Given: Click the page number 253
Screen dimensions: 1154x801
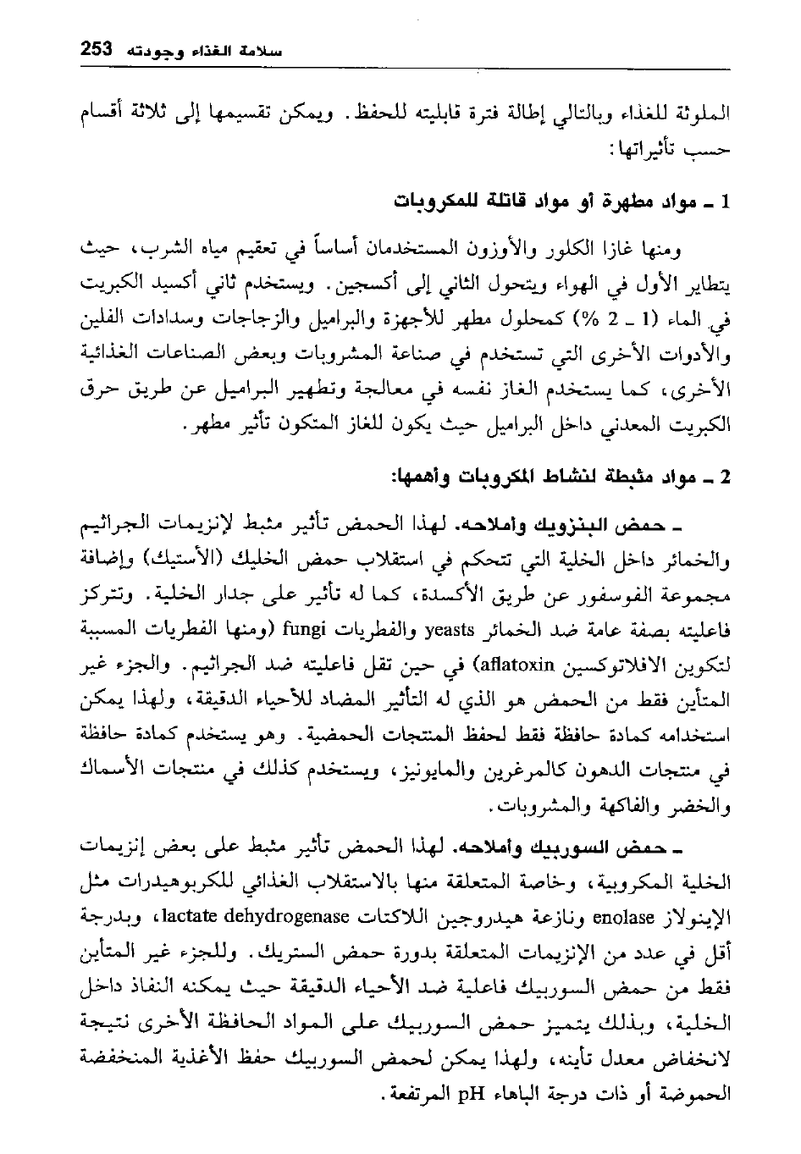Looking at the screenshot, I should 97,49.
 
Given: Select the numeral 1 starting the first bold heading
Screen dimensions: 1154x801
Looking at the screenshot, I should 724,203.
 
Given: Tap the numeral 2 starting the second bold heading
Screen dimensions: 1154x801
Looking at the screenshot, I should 724,478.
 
